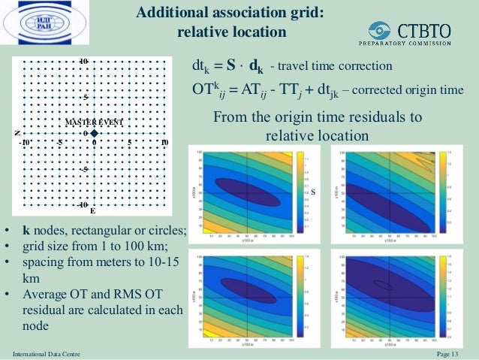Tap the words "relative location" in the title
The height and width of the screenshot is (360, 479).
[231, 32]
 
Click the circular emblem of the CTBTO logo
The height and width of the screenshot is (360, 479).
[381, 31]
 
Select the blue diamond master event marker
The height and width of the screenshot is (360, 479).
[94, 134]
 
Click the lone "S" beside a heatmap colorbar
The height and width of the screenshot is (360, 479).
[313, 192]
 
